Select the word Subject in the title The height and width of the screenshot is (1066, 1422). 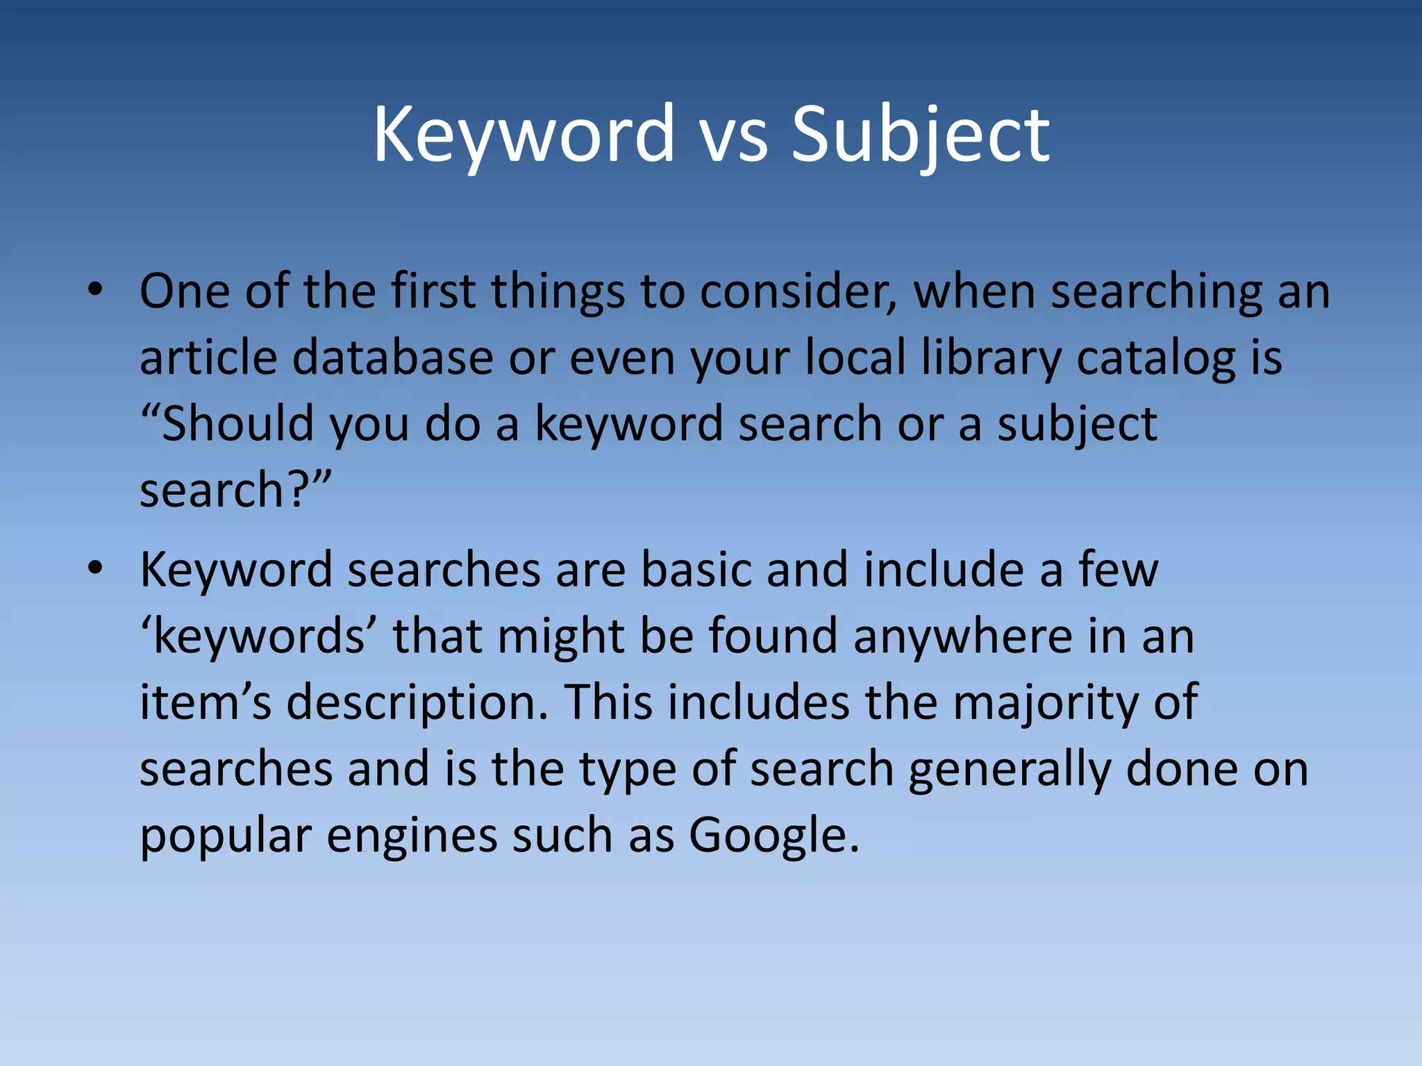tap(920, 135)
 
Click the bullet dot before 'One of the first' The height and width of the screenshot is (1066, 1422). tap(96, 290)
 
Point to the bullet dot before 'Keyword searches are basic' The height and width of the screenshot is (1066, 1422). tap(96, 568)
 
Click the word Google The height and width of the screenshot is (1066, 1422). tap(773, 835)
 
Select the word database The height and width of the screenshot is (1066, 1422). tap(392, 357)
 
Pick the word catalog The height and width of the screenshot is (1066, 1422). tap(1156, 359)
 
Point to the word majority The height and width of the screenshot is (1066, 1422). tap(1046, 702)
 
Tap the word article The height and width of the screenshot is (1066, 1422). tap(208, 357)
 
